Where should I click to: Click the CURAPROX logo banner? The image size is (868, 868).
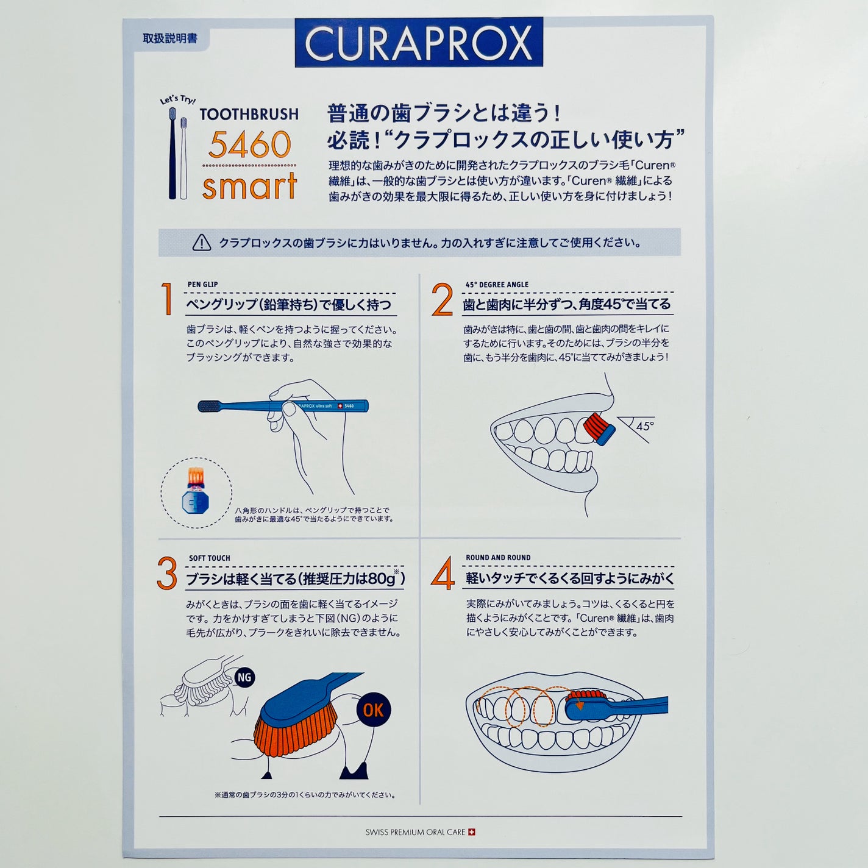418,42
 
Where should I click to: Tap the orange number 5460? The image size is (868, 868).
250,145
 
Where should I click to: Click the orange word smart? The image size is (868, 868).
250,186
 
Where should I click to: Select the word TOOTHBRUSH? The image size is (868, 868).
249,115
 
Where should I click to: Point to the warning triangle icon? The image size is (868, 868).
202,243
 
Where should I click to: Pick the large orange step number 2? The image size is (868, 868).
442,299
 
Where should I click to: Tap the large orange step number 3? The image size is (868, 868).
166,574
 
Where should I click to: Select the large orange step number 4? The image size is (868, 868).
443,574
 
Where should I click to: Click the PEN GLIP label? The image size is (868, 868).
202,285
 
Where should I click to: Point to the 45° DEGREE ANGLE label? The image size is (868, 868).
497,285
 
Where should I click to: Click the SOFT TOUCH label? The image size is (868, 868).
209,558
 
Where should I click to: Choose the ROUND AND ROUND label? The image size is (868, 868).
498,558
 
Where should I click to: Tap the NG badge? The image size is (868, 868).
244,677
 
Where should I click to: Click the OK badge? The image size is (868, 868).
373,710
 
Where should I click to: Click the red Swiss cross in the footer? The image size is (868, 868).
471,832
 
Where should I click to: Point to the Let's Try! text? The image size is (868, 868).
177,100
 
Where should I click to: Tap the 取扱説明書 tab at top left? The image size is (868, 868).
170,38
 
